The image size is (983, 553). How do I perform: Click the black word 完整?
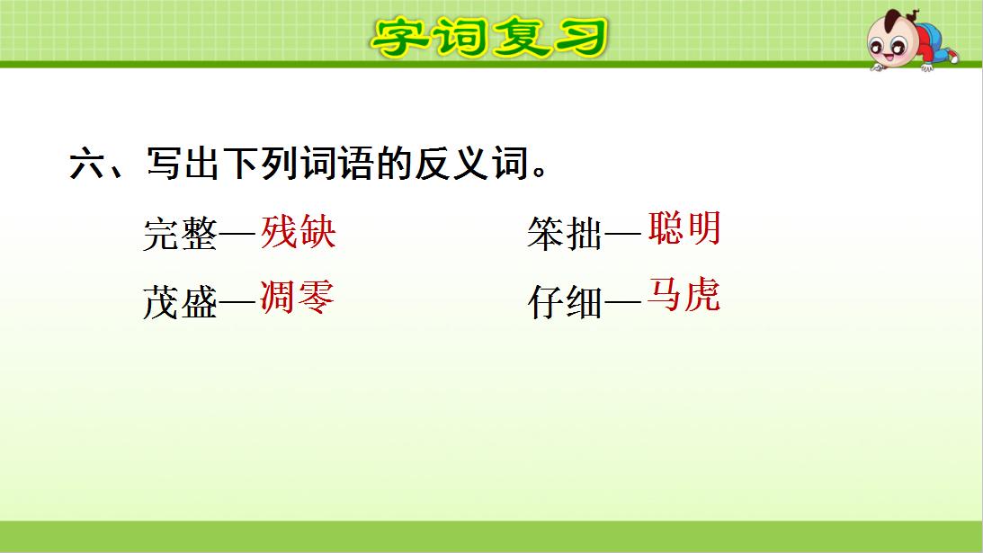tap(180, 236)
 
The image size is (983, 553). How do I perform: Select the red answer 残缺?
tap(299, 232)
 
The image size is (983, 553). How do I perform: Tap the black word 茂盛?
tap(180, 304)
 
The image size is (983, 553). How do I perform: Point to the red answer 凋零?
tap(298, 297)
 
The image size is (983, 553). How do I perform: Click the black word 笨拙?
tap(565, 236)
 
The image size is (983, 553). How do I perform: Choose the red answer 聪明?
tap(684, 229)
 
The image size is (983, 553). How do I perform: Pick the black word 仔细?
tap(565, 304)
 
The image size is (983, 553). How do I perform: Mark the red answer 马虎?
tap(684, 296)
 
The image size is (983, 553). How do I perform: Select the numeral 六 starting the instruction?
tap(88, 166)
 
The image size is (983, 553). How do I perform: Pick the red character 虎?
tap(702, 296)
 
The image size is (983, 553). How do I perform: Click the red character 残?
tap(280, 232)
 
